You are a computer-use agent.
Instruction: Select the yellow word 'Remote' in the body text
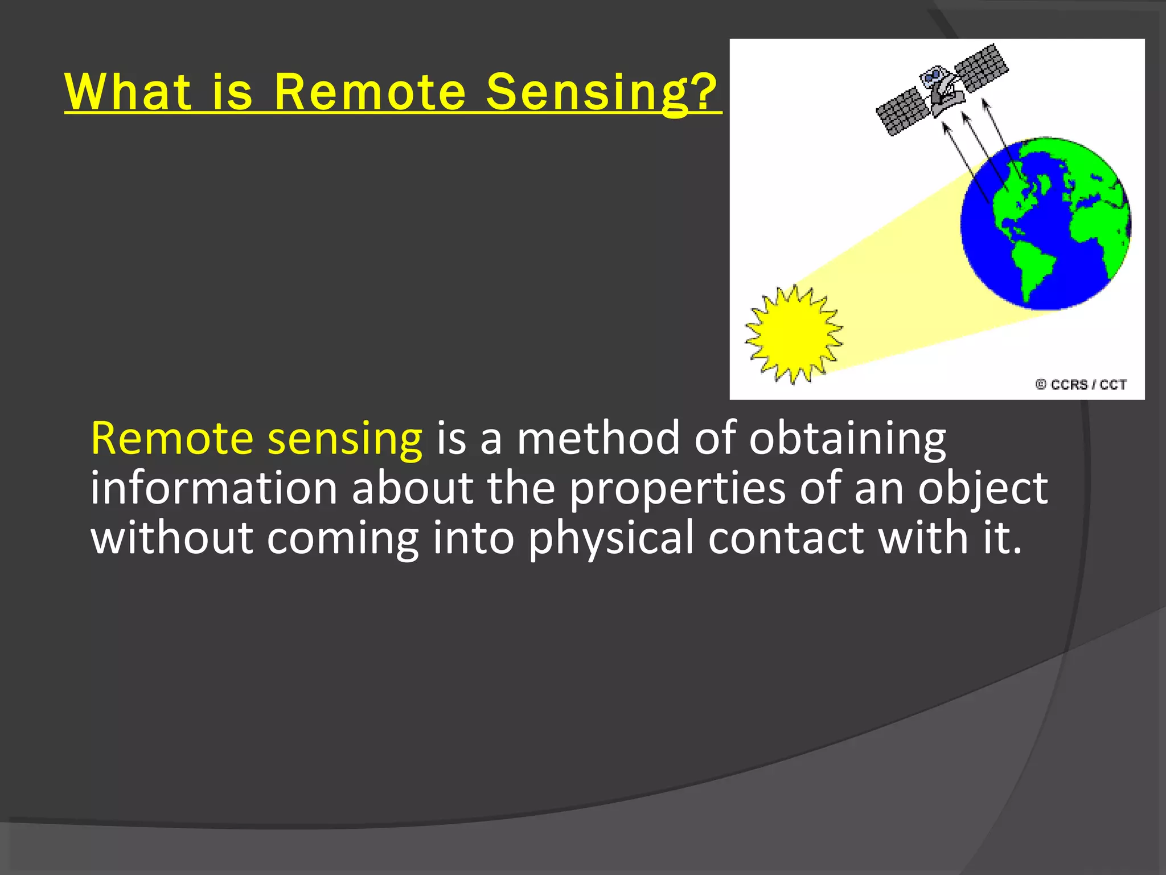pos(172,438)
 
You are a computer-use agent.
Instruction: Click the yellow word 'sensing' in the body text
pos(345,439)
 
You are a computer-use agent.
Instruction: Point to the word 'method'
pos(598,438)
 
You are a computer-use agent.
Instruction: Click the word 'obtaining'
pos(847,439)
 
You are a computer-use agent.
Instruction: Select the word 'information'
pos(215,488)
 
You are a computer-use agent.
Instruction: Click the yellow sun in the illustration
pos(794,334)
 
